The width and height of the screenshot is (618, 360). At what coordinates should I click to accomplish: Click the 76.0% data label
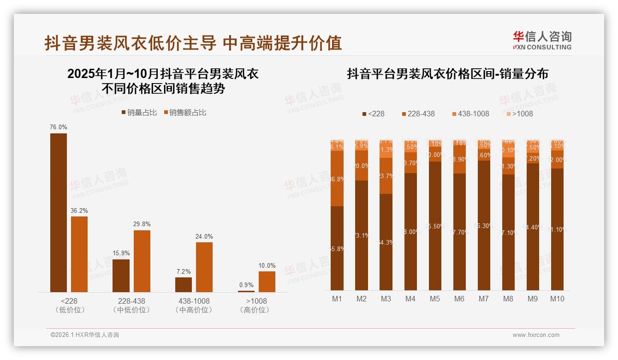(59, 127)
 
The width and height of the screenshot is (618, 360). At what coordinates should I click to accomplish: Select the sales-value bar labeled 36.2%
(79, 254)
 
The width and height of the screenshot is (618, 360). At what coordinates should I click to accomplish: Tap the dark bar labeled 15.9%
(121, 276)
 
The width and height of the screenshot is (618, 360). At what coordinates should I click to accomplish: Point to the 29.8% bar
(142, 261)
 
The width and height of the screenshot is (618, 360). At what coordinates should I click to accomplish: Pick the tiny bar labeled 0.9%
(246, 291)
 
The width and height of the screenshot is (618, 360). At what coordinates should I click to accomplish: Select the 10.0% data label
(267, 265)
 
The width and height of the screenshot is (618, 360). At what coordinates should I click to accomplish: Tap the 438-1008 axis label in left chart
(194, 301)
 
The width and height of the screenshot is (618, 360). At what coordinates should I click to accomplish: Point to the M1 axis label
(337, 299)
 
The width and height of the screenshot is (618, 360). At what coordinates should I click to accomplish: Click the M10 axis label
(557, 299)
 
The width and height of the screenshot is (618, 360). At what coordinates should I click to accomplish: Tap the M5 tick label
(435, 299)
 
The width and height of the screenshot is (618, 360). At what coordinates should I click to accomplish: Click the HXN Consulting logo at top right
(542, 40)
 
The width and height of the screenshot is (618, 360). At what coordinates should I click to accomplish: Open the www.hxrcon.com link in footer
(536, 335)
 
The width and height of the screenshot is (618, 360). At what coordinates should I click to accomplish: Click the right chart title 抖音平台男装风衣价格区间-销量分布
(447, 74)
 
